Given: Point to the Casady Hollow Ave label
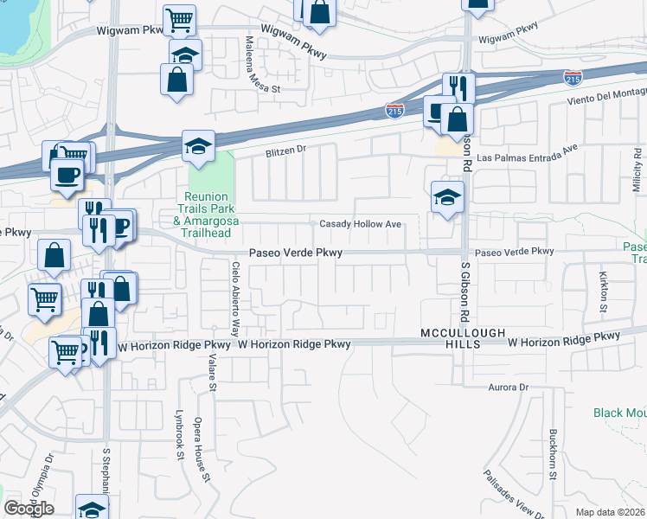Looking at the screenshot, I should point(361,224).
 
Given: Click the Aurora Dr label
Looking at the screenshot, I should point(508,387).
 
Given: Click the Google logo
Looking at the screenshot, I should point(29,509).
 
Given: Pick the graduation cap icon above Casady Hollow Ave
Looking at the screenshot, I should point(447,196).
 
